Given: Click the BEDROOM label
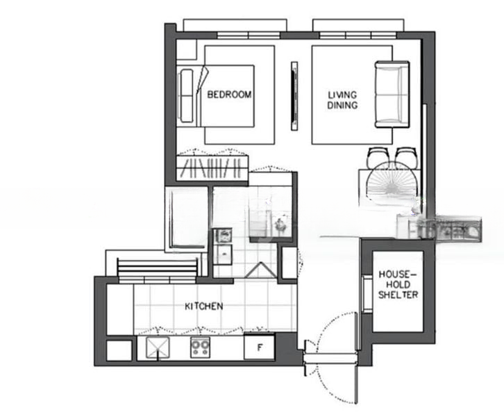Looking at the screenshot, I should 229,95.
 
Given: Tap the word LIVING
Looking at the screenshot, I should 342,95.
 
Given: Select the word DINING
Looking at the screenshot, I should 342,106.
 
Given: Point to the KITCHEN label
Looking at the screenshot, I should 203,306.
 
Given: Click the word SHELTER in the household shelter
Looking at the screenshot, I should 398,295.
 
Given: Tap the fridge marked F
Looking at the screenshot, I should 259,347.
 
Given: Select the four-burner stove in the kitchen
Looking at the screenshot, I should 201,347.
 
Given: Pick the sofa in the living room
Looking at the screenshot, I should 391,95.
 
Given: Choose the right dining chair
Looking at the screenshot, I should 407,156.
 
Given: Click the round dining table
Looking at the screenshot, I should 393,185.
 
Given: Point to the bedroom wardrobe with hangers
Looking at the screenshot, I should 212,167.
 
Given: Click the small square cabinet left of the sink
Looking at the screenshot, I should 118,349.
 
